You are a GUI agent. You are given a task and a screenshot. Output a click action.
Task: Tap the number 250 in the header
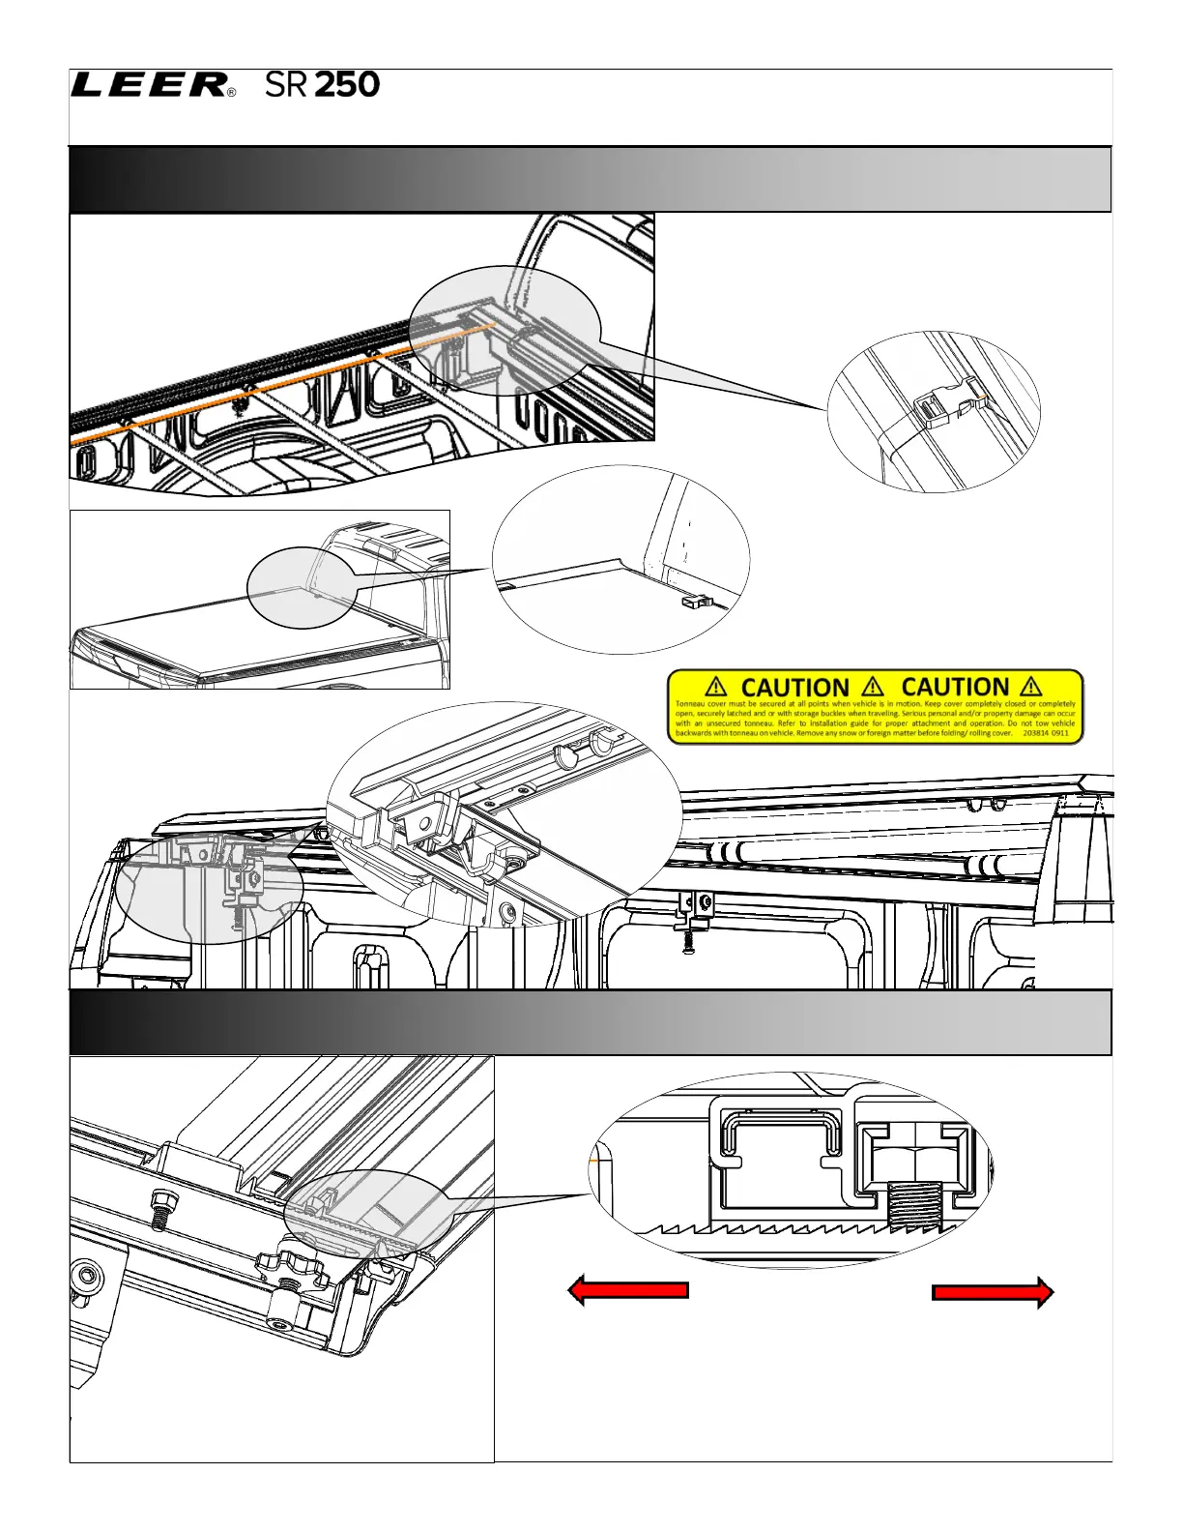coord(347,85)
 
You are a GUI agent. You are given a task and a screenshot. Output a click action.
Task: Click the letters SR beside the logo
coord(286,85)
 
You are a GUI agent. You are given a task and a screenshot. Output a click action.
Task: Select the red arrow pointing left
coord(628,1290)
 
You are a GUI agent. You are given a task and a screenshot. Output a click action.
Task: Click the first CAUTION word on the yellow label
coord(794,687)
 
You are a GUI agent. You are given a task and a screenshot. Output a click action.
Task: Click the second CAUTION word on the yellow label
coord(955,687)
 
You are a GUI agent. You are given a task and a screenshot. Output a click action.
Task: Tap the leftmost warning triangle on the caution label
coord(716,687)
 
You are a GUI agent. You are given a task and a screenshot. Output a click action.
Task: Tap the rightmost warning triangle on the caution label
coord(1031,687)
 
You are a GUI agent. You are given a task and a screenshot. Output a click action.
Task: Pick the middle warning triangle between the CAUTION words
coord(876,687)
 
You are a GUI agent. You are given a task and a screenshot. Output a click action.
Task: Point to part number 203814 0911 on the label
coord(1046,733)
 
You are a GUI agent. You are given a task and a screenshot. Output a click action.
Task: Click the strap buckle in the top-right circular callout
coord(939,409)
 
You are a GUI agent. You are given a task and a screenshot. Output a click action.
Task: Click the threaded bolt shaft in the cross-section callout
coord(911,1208)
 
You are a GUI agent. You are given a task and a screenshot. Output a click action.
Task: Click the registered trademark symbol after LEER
coord(230,94)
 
